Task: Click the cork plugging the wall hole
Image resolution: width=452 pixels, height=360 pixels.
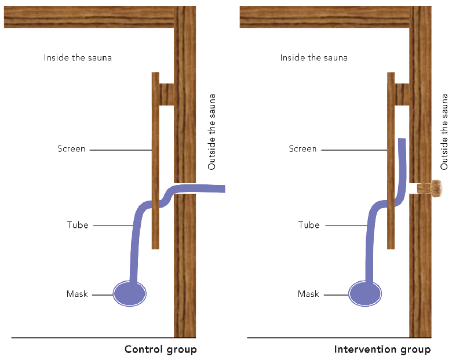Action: point(430,188)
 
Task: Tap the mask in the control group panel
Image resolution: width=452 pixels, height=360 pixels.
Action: point(130,293)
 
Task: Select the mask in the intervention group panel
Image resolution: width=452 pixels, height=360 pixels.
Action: point(366,293)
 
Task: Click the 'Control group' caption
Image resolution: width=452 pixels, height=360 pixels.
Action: point(161,350)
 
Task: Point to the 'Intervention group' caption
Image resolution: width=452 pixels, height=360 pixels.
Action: point(382,350)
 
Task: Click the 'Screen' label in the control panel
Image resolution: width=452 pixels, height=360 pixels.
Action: point(71,149)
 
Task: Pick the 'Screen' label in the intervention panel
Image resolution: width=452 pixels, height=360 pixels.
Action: point(302,149)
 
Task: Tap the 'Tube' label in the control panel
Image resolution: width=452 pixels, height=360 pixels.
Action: point(78,224)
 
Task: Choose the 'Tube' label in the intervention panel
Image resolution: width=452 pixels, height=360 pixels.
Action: point(309,224)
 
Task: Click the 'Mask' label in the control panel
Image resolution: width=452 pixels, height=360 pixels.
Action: point(77,294)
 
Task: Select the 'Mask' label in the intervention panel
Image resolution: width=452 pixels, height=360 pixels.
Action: point(308,294)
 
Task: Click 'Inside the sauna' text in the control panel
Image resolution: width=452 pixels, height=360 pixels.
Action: point(78,58)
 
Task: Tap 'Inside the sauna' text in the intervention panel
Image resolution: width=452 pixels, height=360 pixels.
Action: point(314,58)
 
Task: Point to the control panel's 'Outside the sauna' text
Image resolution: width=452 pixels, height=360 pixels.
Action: point(212,132)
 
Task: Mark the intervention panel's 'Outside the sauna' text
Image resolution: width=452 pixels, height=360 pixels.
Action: point(444,132)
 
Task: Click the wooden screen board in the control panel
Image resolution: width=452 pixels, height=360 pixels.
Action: point(155,128)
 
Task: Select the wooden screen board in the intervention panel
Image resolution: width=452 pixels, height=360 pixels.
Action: point(391,128)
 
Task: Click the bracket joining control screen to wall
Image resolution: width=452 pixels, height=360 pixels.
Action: point(167,94)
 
